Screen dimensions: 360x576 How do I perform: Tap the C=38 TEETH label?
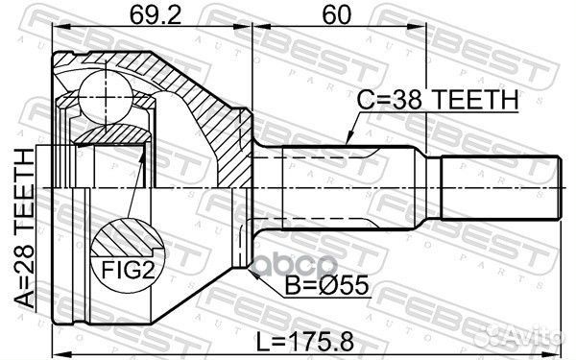(x=438, y=99)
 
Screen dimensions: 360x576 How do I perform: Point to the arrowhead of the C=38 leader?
(x=348, y=144)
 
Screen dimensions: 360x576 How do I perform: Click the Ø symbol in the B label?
(x=307, y=284)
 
